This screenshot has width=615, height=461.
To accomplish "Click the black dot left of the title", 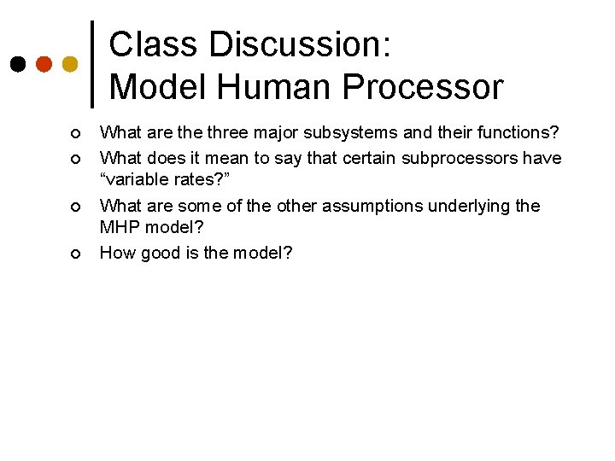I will (x=18, y=64).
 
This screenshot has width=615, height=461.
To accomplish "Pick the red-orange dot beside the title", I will (x=44, y=64).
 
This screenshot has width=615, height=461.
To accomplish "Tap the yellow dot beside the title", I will (x=70, y=64).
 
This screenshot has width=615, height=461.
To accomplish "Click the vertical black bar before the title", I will (x=92, y=61).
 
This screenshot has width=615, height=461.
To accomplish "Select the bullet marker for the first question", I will (x=76, y=134).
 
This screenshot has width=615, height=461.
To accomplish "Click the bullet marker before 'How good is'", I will (x=76, y=254).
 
